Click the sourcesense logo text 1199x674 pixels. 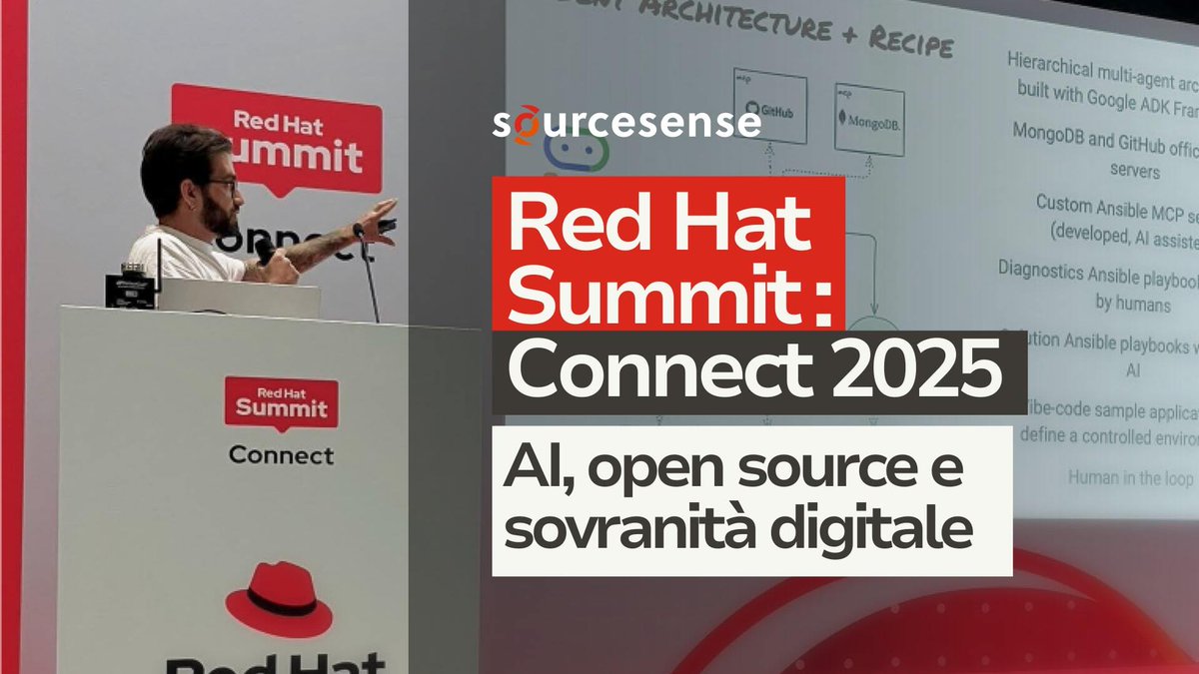pyautogui.click(x=627, y=124)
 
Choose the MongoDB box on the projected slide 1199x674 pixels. pyautogui.click(x=868, y=117)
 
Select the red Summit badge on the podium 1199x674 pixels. pyautogui.click(x=281, y=403)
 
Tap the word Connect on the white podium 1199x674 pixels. pyautogui.click(x=281, y=455)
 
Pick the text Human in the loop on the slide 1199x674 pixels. pyautogui.click(x=1128, y=477)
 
